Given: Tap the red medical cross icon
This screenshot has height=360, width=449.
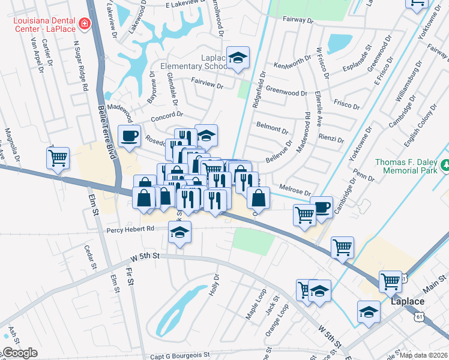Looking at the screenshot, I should (85, 24).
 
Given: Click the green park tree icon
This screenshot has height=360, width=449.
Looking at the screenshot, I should (445, 164).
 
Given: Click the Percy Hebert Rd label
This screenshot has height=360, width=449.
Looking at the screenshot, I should (130, 229).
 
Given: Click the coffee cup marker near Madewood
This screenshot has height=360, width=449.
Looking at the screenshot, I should (129, 136).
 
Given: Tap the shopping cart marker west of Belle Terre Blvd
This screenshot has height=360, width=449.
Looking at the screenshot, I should (58, 158).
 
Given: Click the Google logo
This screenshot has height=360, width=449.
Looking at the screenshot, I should (20, 353).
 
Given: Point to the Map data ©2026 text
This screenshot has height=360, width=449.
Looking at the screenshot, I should (423, 355).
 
